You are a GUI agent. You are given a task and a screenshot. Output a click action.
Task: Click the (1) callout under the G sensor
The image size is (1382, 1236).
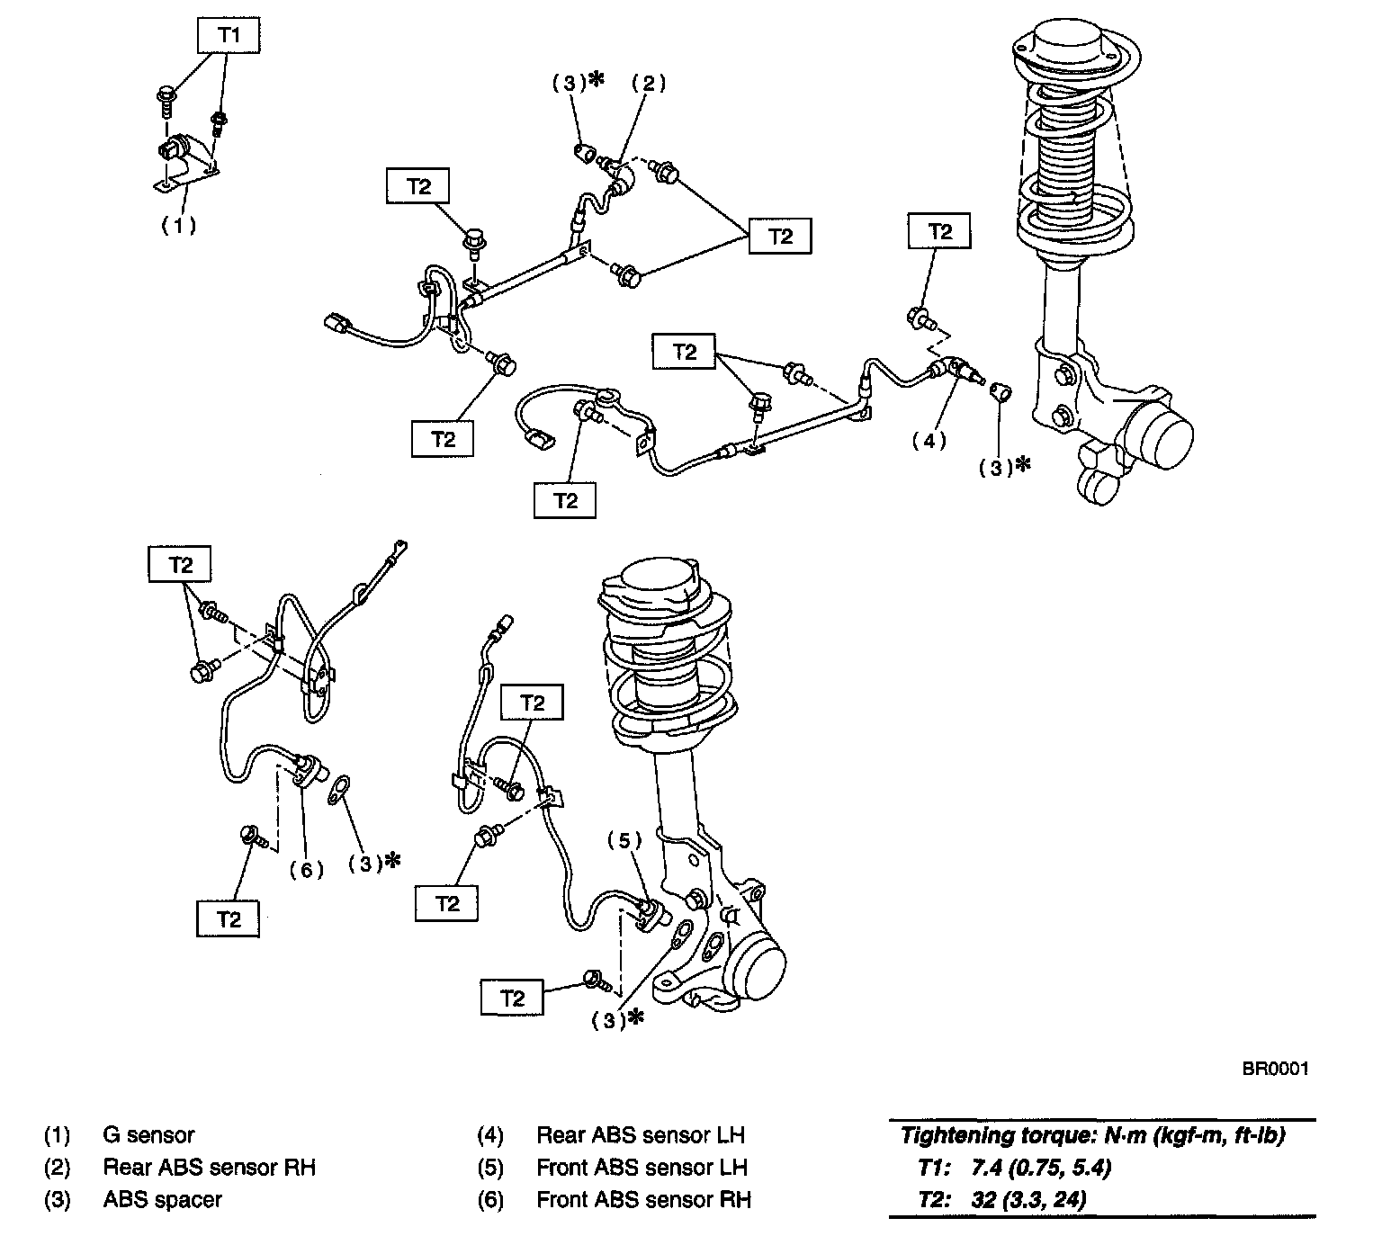pos(178,225)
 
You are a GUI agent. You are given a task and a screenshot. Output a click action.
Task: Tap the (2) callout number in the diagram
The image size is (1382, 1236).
pos(647,83)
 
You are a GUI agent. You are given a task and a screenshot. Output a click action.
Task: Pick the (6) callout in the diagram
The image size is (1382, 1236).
pos(307,870)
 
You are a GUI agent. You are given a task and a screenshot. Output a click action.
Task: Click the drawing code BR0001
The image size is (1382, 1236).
pos(1275,1069)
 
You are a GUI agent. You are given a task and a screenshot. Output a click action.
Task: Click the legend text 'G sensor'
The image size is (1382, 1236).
pos(148,1135)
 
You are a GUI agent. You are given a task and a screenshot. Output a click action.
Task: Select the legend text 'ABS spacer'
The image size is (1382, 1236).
pos(162,1200)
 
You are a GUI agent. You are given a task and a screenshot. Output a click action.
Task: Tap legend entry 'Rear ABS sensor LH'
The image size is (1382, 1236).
pos(641,1135)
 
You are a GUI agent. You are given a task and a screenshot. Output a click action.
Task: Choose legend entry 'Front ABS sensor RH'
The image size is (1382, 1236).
pos(643,1200)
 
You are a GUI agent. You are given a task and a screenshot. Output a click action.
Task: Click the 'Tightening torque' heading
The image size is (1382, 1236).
pos(1092,1135)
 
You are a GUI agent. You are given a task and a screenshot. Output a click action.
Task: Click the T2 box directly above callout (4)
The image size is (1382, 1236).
pos(939,232)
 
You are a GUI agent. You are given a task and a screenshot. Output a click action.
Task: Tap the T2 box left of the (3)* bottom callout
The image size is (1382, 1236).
pos(512,998)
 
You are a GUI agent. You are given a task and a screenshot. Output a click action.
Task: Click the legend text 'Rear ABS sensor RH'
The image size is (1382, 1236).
pos(209,1168)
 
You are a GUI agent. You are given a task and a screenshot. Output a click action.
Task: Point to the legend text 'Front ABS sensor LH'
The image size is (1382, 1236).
pos(642,1168)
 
